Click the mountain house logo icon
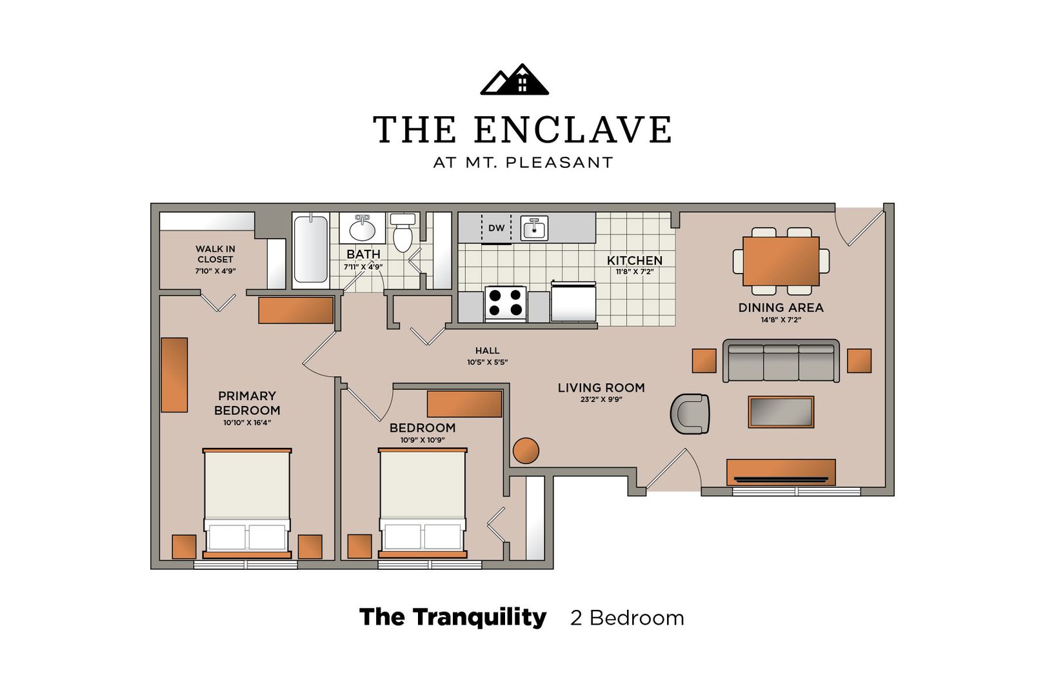click(x=514, y=80)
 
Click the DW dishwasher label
click(x=496, y=228)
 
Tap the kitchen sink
click(x=534, y=228)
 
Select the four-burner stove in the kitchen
click(x=505, y=303)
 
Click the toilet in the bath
click(x=403, y=232)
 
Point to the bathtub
click(x=311, y=250)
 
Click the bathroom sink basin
click(x=362, y=229)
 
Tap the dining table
click(x=781, y=261)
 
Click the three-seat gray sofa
click(x=781, y=361)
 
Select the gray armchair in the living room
click(x=690, y=414)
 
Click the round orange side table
click(x=526, y=450)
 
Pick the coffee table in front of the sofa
click(x=781, y=412)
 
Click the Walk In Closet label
click(x=215, y=254)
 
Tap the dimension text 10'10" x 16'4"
click(x=247, y=423)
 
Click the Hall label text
click(x=487, y=350)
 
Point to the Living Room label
click(x=601, y=387)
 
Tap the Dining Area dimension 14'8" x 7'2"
click(x=781, y=319)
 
